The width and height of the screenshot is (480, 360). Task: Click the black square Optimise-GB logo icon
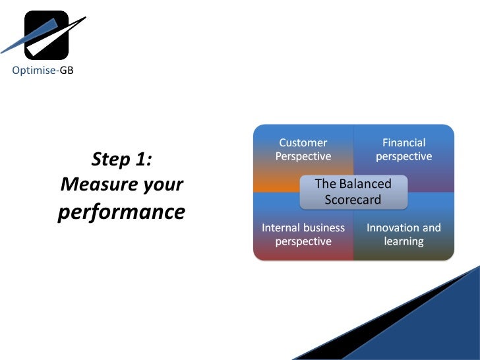46,35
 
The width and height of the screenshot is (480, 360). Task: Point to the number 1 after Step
144,160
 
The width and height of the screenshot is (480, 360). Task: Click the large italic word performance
121,212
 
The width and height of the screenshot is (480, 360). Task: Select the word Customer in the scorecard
303,142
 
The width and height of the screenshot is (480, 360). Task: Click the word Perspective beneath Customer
303,156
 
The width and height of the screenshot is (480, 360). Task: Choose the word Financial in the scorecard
404,142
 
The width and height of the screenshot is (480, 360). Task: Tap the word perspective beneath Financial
404,157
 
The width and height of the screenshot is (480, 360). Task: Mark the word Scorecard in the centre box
353,199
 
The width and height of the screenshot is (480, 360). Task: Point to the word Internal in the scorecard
282,227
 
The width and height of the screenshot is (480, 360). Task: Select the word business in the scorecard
324,227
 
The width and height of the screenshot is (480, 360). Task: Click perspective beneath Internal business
303,242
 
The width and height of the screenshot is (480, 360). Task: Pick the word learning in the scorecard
404,242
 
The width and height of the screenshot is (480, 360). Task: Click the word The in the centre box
325,184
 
